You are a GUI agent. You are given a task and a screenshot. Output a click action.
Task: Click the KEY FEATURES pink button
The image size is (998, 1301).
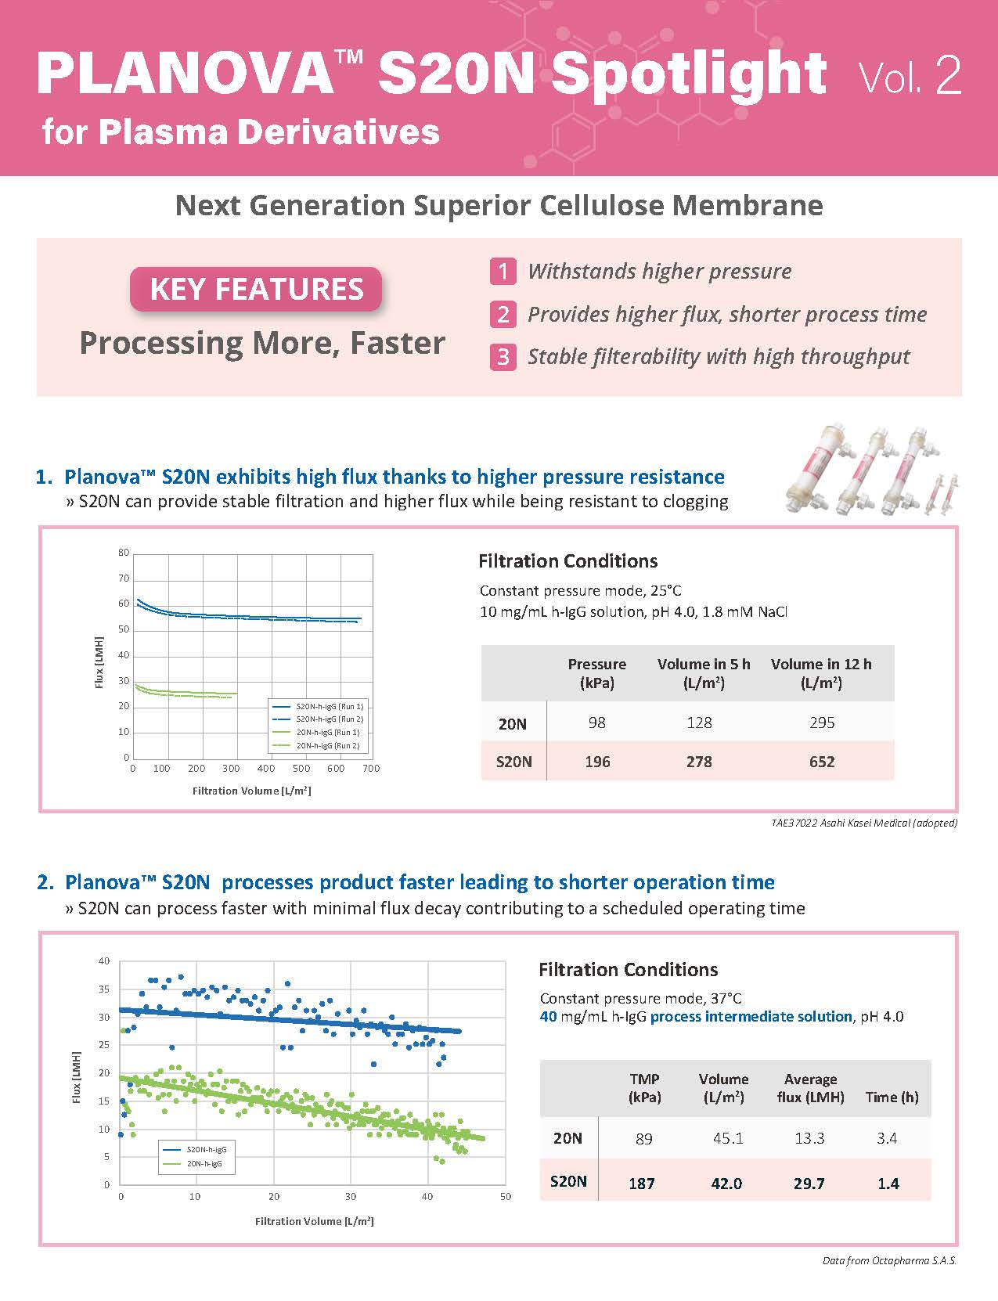256,289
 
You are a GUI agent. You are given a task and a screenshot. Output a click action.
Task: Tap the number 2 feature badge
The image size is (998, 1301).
503,315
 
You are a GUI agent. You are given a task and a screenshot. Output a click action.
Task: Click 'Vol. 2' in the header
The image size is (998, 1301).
910,77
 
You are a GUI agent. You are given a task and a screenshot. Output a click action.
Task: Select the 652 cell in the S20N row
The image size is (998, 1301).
822,762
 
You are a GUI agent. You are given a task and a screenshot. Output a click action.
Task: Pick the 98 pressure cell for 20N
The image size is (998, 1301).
597,723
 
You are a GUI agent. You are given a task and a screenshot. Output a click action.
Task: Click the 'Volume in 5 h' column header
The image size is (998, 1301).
704,673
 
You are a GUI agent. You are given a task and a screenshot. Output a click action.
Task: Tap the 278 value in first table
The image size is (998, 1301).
699,762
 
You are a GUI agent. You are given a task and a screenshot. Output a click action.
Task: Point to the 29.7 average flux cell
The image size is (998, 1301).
809,1183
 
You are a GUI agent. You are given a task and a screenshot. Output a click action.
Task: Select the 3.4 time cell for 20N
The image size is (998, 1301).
887,1138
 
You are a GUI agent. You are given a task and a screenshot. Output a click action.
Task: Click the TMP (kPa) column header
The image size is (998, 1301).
644,1088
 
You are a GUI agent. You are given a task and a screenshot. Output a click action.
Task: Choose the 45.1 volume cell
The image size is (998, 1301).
728,1138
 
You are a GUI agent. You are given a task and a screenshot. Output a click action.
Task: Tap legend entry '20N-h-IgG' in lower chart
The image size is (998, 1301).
204,1164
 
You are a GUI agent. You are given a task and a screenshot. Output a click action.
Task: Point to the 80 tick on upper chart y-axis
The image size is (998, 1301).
124,553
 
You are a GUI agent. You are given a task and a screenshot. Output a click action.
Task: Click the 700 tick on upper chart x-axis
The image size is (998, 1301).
371,769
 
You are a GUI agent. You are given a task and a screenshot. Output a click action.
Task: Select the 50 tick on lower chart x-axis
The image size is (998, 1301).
505,1196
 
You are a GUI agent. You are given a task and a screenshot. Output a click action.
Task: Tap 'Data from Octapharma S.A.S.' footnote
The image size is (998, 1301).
889,1261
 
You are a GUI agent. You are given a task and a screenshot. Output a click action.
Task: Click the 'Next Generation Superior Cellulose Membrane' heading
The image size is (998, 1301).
499,206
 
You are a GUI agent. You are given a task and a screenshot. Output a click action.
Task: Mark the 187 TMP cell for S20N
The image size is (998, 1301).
642,1183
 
